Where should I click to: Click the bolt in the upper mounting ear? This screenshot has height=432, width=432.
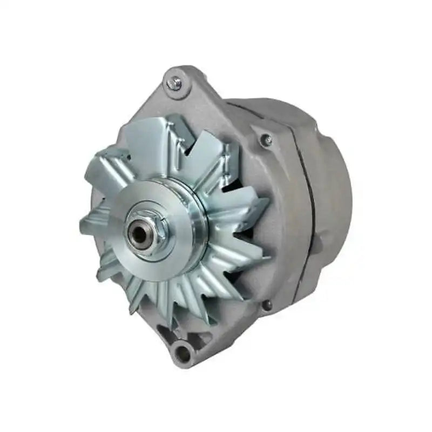(x=174, y=83)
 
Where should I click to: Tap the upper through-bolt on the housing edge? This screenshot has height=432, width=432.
(x=265, y=140)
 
